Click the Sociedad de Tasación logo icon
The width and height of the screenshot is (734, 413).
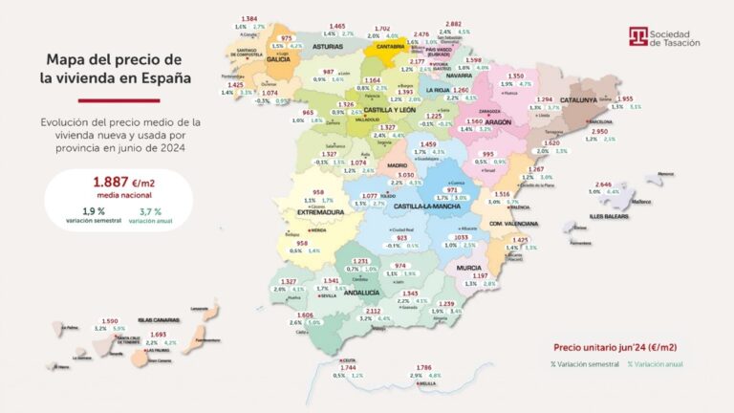coord(637,37)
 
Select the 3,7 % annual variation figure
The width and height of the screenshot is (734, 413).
coord(153,210)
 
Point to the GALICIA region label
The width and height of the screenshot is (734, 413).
coord(279,58)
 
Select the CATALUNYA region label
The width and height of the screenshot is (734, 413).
coord(578,98)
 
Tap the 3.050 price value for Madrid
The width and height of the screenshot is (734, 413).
coord(405,175)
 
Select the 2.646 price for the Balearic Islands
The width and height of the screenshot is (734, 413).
coord(603,184)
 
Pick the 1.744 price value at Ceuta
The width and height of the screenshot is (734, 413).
coord(348,367)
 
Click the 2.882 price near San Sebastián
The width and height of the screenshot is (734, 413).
coord(454,24)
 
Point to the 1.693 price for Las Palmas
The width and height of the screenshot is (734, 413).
coord(159,334)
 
